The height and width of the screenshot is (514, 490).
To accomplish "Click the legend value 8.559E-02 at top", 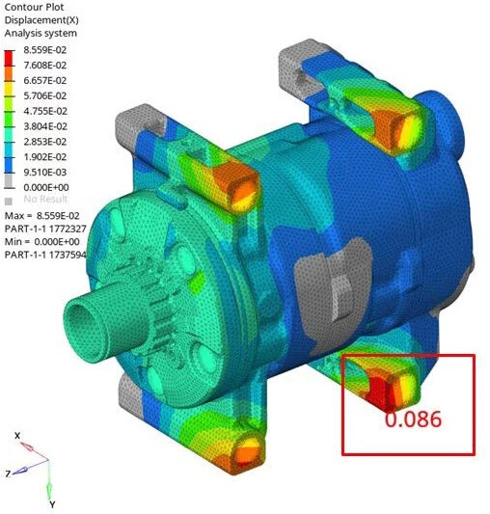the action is tap(45, 50).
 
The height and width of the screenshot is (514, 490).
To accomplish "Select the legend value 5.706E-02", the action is tap(45, 95).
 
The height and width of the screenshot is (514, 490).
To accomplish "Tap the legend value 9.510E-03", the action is tap(45, 172).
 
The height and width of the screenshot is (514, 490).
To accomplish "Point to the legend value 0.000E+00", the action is tap(46, 187).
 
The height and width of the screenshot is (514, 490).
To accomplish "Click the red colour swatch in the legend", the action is tap(10, 59).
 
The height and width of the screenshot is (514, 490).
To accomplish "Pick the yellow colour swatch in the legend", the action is tap(10, 89).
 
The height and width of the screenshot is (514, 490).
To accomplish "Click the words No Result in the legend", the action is tap(45, 199).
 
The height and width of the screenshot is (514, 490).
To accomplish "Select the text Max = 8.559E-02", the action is tap(42, 216).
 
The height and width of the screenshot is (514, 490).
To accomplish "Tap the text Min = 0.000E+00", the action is tap(42, 242).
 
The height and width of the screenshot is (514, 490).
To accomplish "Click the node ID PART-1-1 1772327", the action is tap(45, 229).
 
